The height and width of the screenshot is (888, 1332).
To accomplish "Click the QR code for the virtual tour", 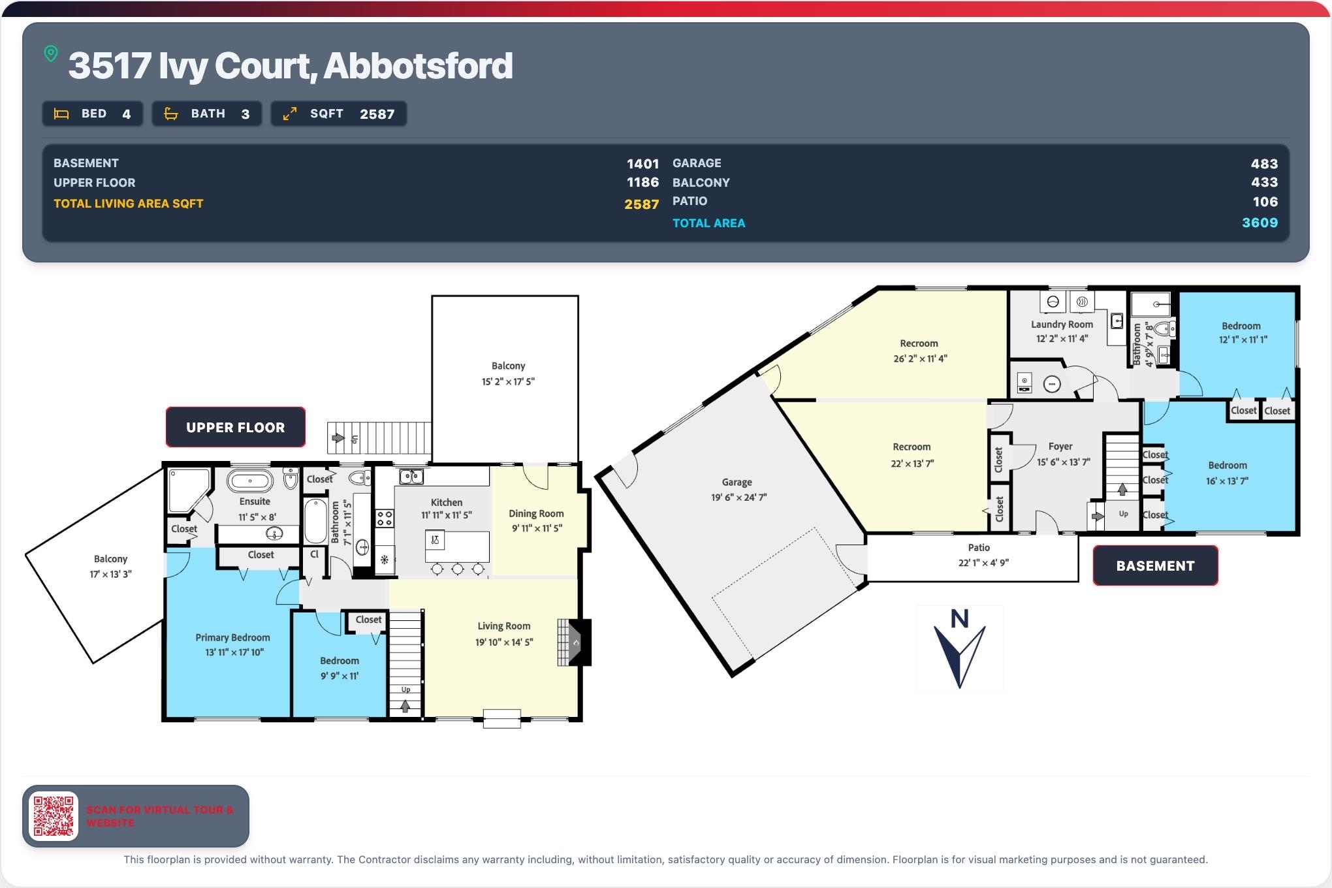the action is (54, 816).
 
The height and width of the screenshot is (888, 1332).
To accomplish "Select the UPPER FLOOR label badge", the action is (236, 427).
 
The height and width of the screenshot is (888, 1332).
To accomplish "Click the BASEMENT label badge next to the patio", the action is (1155, 565).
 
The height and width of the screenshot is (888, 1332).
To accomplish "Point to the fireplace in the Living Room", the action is (575, 642).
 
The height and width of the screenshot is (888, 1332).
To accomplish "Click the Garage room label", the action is (737, 482).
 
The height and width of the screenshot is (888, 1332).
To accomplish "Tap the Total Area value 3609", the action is (1260, 223).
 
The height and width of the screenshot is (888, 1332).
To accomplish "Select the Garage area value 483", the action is (1264, 164).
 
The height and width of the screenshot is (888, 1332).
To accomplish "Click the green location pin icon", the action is (51, 54).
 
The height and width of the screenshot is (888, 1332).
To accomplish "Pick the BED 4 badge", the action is (93, 114).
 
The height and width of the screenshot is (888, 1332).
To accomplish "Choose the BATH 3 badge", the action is (207, 114).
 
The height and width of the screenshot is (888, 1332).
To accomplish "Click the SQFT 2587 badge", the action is (339, 114).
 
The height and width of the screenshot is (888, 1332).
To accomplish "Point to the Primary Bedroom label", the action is (232, 637).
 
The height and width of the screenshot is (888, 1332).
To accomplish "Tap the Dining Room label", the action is (536, 514).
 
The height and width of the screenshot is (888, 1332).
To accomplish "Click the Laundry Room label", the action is (1062, 325).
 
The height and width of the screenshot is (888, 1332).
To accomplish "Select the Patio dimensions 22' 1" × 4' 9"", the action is (983, 563).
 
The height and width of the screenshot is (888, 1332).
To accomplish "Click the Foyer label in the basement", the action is (1060, 447).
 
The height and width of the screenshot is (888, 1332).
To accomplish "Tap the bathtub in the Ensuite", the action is (250, 481).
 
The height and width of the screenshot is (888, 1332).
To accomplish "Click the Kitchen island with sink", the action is (457, 547).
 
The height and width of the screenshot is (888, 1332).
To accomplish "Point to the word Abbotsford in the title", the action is (418, 66).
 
